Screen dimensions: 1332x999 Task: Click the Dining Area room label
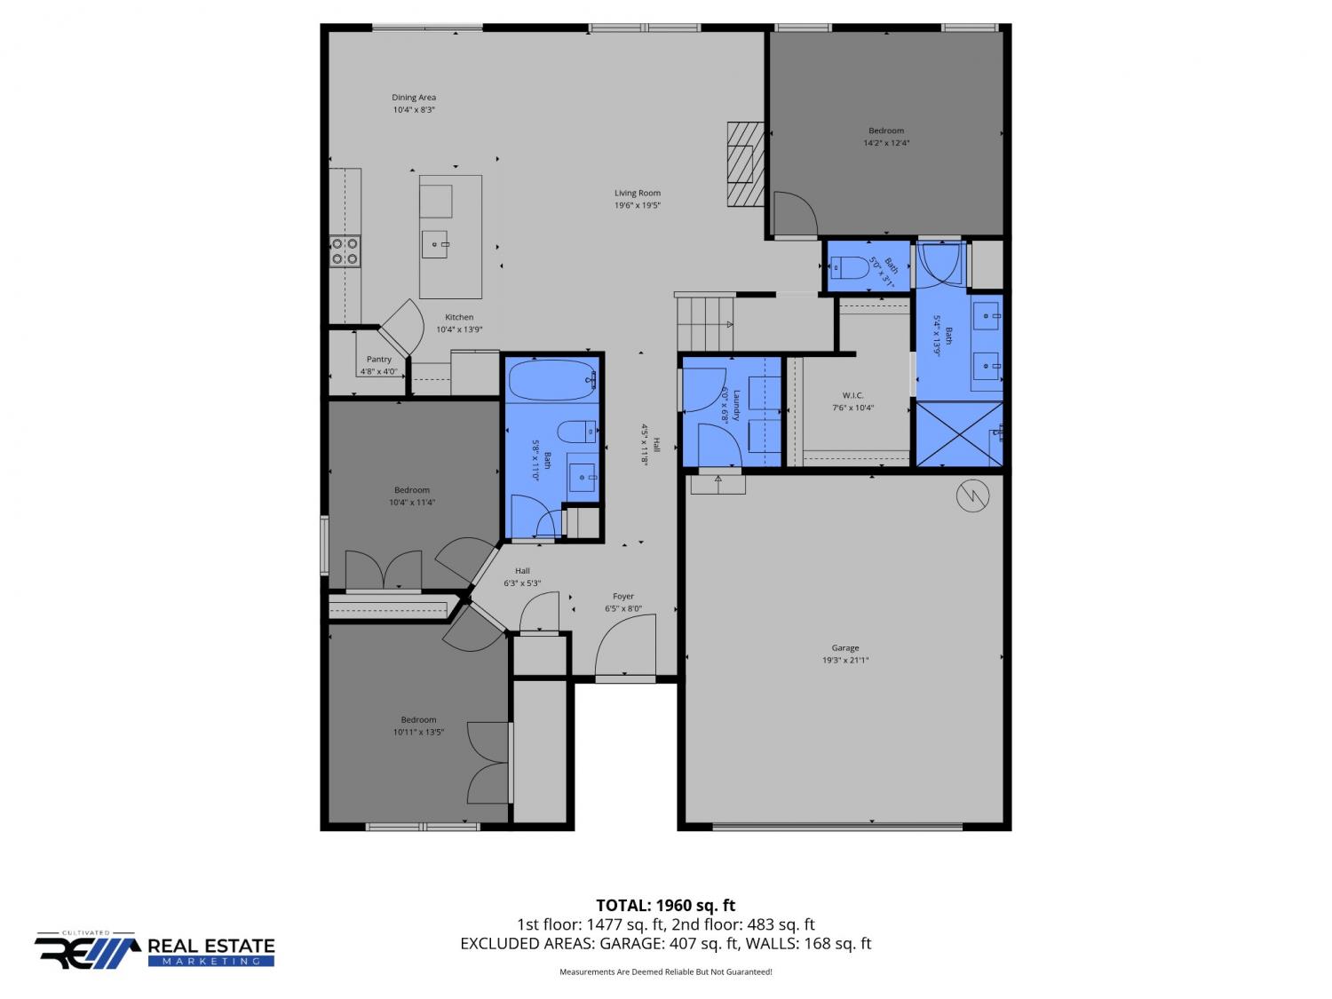[x=413, y=97]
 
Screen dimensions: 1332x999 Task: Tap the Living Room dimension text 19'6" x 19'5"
[x=637, y=205]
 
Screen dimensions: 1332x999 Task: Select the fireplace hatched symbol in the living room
[x=745, y=163]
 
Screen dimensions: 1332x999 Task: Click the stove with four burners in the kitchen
[x=344, y=251]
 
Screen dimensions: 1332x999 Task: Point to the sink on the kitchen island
[x=434, y=244]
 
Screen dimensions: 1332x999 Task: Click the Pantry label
[x=378, y=359]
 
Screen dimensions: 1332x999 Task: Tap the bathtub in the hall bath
[x=552, y=380]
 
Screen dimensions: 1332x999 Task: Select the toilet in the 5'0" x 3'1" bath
[x=850, y=266]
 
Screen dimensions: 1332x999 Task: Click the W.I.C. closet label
[x=852, y=395]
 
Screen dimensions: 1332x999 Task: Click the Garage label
[x=844, y=648]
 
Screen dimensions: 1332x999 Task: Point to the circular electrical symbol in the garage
[x=972, y=496]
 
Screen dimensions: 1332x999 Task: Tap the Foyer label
[x=622, y=596]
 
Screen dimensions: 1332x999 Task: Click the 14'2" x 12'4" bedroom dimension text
[x=886, y=143]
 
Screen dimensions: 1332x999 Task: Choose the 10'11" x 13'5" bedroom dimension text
[x=418, y=732]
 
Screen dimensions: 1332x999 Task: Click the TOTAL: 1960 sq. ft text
[x=665, y=906]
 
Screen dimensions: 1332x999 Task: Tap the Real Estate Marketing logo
[x=155, y=950]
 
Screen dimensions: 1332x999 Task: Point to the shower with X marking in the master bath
[x=958, y=434]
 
